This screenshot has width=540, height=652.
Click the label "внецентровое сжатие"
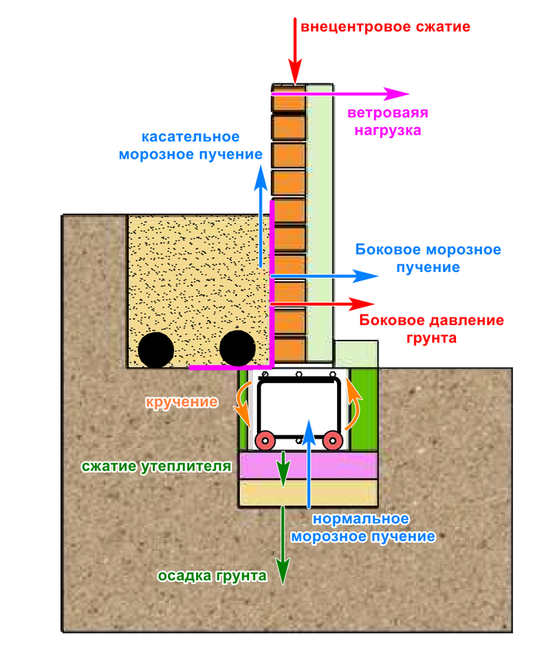(x=386, y=27)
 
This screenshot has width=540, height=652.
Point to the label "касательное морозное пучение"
(x=190, y=146)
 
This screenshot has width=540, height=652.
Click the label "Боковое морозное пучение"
(x=427, y=258)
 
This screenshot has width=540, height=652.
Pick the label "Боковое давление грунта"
(x=431, y=328)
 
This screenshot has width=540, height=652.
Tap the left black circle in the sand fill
(x=157, y=350)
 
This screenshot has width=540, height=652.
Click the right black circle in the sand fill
(x=238, y=348)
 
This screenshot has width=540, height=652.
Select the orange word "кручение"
(x=181, y=402)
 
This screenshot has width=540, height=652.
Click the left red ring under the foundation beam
(x=265, y=442)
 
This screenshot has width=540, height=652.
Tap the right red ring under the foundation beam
(x=332, y=442)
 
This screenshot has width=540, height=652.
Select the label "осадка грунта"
(x=212, y=576)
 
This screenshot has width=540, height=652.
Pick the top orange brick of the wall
(x=287, y=101)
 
